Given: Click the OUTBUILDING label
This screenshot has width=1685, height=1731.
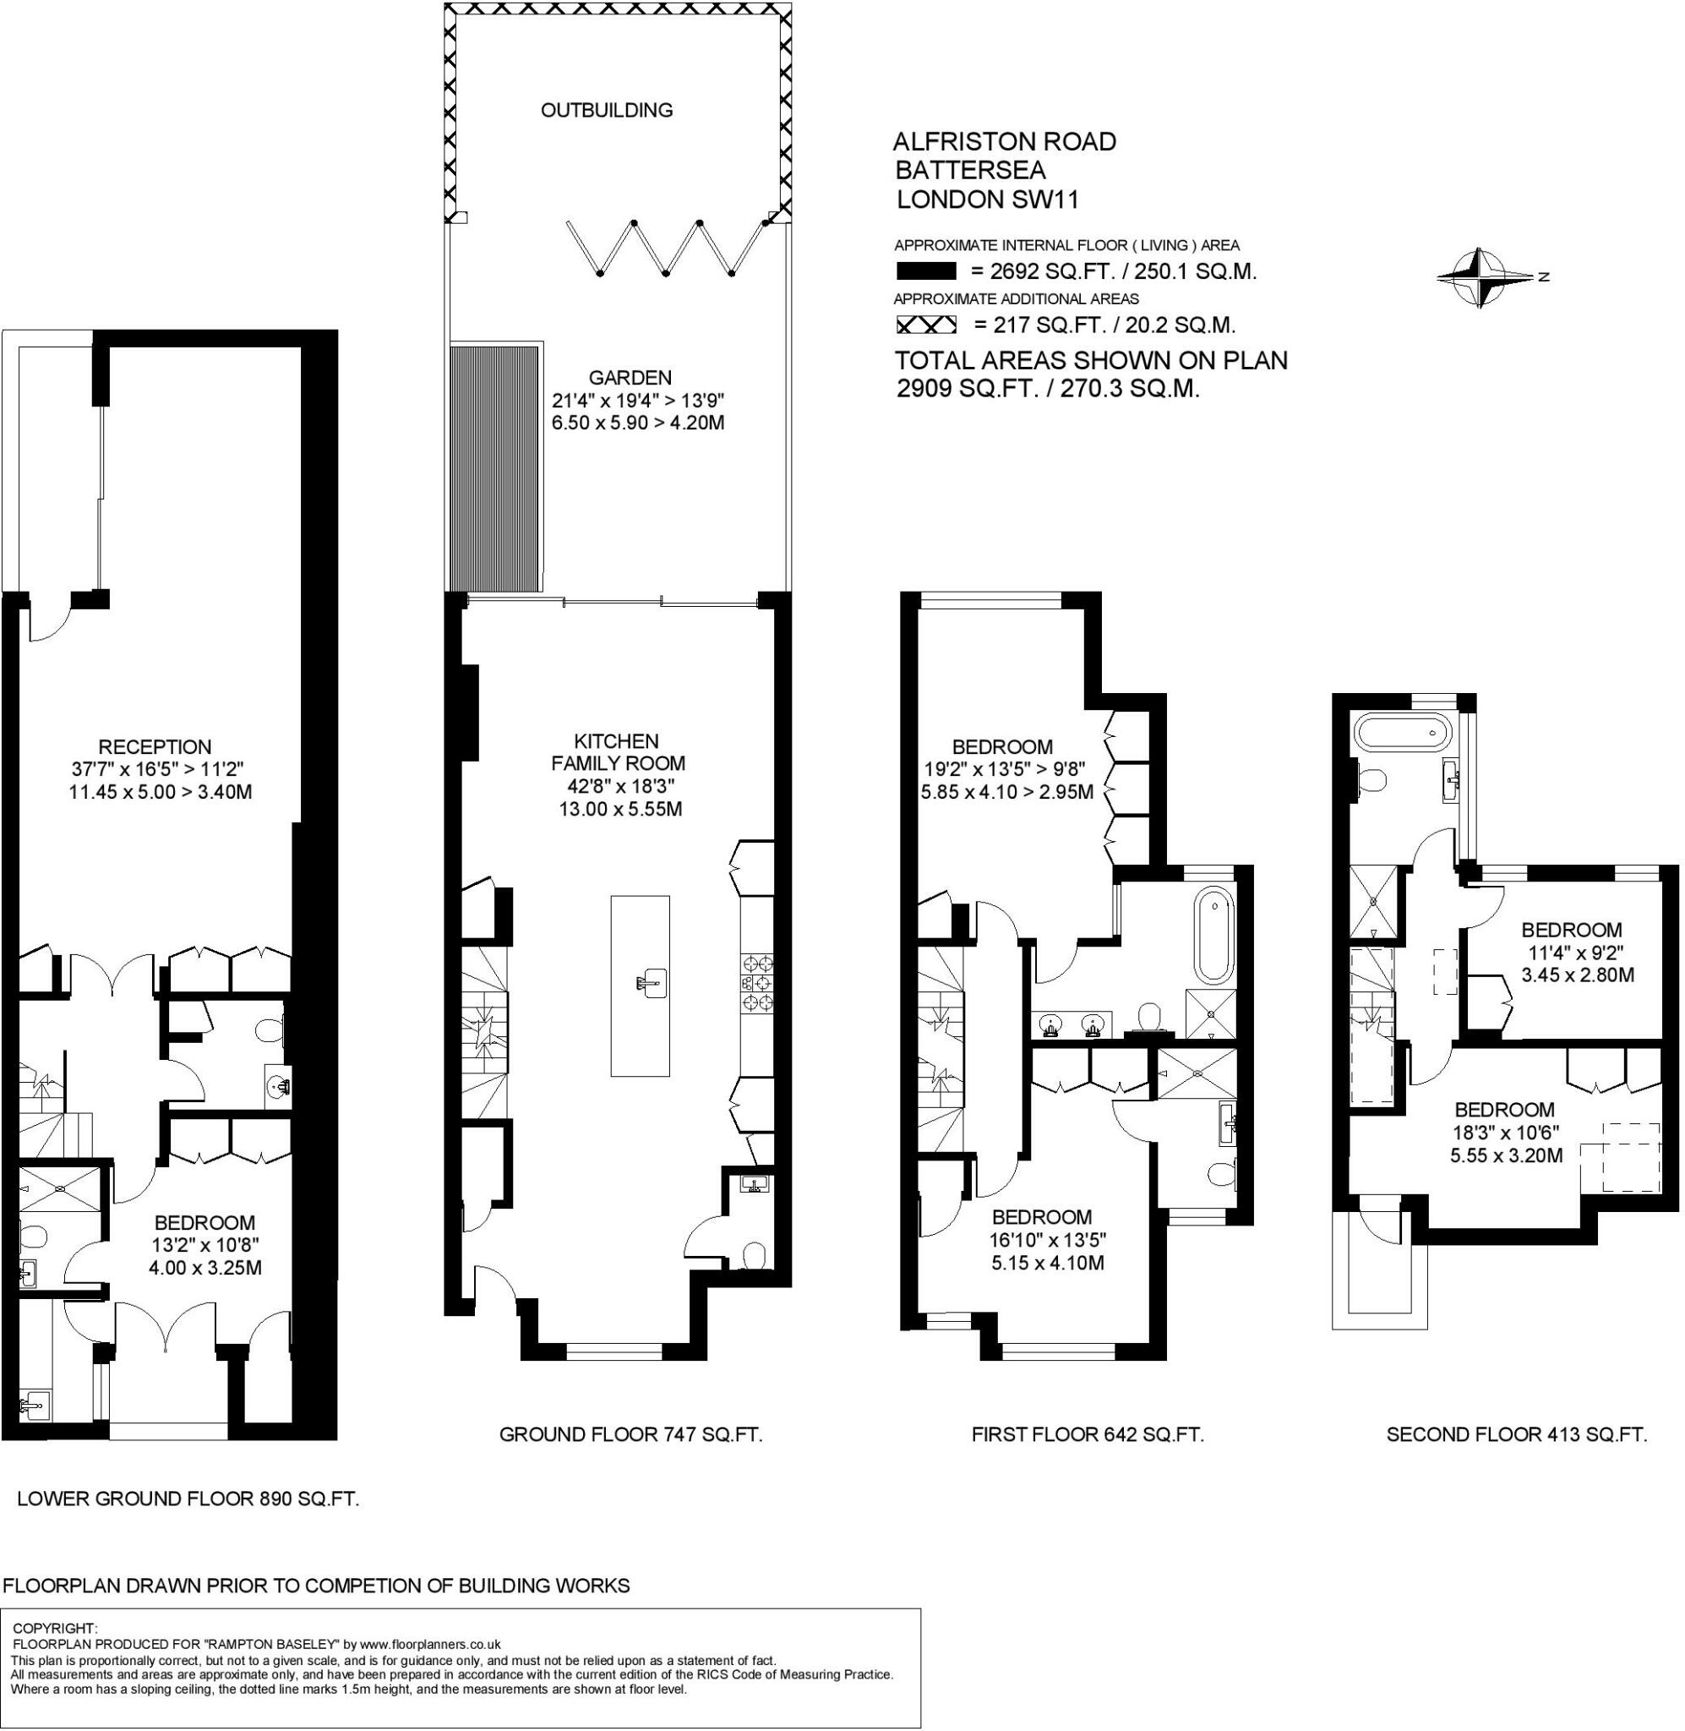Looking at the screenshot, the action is [606, 110].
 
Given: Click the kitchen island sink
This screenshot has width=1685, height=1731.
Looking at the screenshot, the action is [650, 983].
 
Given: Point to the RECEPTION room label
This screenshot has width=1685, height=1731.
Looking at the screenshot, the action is [155, 747].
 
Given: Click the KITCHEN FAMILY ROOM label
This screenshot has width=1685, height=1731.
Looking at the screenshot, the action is [618, 751].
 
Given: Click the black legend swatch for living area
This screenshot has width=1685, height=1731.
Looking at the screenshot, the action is [925, 271].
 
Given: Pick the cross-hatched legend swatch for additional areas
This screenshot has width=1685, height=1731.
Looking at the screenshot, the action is [925, 325].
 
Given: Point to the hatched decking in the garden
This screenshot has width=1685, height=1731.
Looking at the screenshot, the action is [494, 468].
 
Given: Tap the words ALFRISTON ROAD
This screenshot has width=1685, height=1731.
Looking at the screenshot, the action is [1006, 142].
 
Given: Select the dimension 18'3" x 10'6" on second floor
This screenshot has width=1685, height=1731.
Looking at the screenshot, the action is [1505, 1132].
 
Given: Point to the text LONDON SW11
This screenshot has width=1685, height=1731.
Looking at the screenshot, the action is [988, 199].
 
